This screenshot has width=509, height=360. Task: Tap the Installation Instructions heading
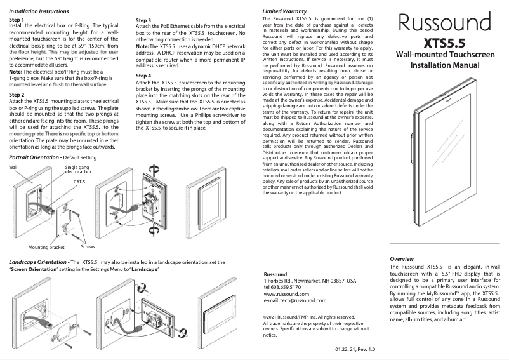pyautogui.click(x=38, y=11)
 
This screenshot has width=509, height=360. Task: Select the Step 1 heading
pyautogui.click(x=17, y=20)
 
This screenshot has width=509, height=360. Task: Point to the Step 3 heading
pyautogui.click(x=143, y=20)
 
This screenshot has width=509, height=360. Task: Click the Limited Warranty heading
pyautogui.click(x=285, y=11)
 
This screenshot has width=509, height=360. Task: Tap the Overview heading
pyautogui.click(x=402, y=259)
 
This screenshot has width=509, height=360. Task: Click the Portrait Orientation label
pyautogui.click(x=34, y=157)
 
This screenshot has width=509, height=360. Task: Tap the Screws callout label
pyautogui.click(x=79, y=247)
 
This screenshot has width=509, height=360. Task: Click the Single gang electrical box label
pyautogui.click(x=79, y=170)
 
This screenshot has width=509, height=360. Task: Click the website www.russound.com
pyautogui.click(x=286, y=294)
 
